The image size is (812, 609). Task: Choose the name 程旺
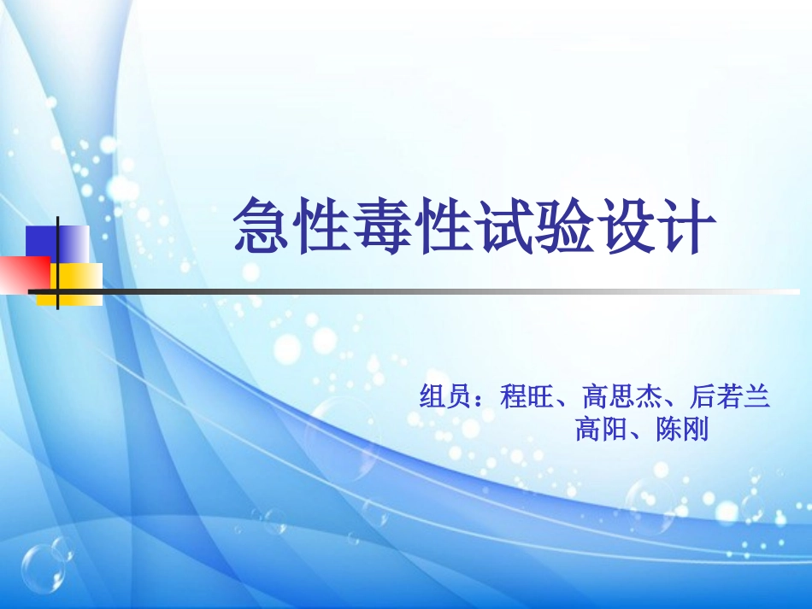click(527, 397)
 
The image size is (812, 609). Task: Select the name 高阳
click(602, 429)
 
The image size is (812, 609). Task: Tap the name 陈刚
click(683, 429)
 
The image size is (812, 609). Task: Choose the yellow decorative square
click(81, 284)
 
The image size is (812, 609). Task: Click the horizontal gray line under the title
click(427, 291)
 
